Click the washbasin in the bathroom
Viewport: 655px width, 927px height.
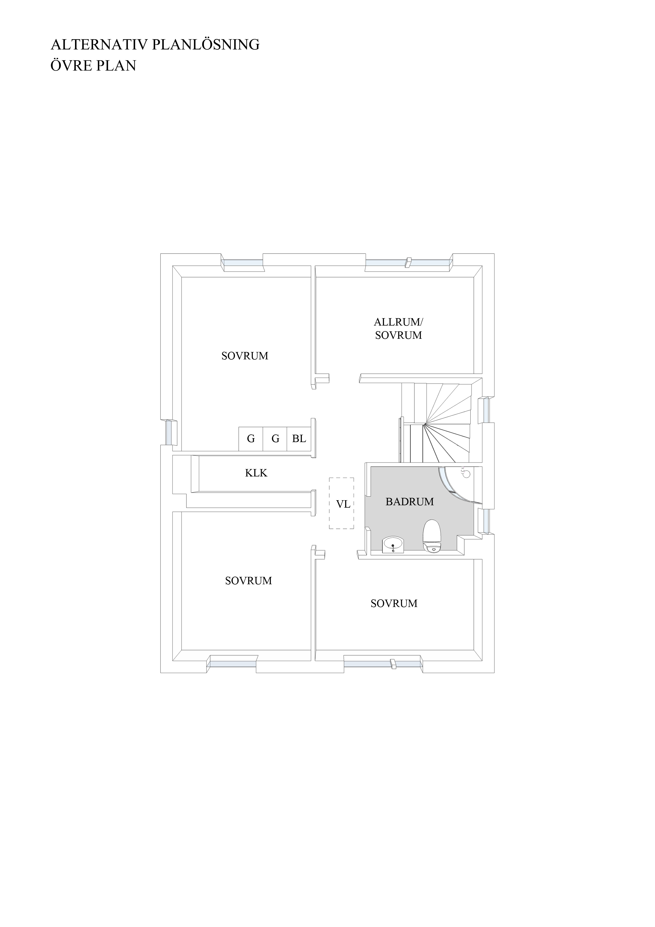[393, 545]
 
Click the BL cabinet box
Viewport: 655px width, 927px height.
[299, 439]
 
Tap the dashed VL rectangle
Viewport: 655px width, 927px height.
[341, 503]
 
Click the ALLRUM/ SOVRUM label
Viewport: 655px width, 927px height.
[398, 329]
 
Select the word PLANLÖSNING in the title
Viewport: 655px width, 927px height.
[206, 44]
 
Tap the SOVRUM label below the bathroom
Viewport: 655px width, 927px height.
[394, 603]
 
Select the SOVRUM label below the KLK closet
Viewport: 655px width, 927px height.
[248, 581]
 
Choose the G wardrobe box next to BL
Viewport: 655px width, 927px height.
[275, 439]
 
